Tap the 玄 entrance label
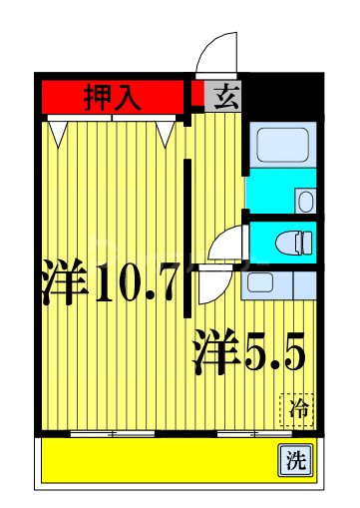point(227,97)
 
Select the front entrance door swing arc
point(216,53)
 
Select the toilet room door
point(232,241)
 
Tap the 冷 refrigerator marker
point(296,407)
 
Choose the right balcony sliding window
point(254,434)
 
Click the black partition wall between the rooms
point(185,230)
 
